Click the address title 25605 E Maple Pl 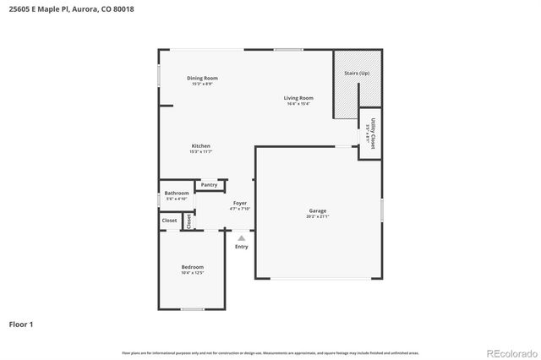[71, 9]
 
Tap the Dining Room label [202, 78]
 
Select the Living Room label [298, 98]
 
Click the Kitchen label [200, 146]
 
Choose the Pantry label [209, 184]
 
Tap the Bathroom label [176, 193]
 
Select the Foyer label [240, 203]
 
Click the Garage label [317, 210]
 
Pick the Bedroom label [192, 267]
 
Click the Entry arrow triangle [241, 237]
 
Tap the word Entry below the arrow [241, 247]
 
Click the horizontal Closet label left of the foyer [170, 220]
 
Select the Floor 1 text [21, 324]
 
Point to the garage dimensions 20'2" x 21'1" [317, 216]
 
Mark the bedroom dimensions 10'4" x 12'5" [192, 273]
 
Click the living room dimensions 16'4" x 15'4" [298, 104]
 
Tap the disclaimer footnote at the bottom [270, 352]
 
